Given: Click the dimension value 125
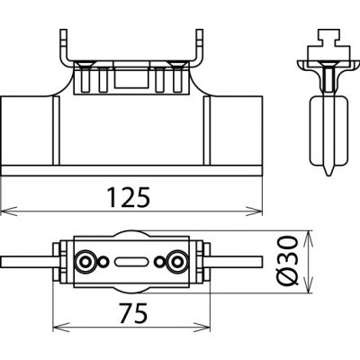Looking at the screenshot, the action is click(129, 197).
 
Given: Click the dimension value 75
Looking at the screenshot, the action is click(133, 313).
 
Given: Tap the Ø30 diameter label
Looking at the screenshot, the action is click(288, 260).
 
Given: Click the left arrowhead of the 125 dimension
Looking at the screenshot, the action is click(9, 211).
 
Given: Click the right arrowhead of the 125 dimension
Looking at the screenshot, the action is click(255, 211).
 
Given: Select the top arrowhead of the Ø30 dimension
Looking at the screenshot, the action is click(309, 239).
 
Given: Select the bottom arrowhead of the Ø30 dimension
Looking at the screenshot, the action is click(309, 284).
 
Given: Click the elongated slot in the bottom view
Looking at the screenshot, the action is click(131, 262).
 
